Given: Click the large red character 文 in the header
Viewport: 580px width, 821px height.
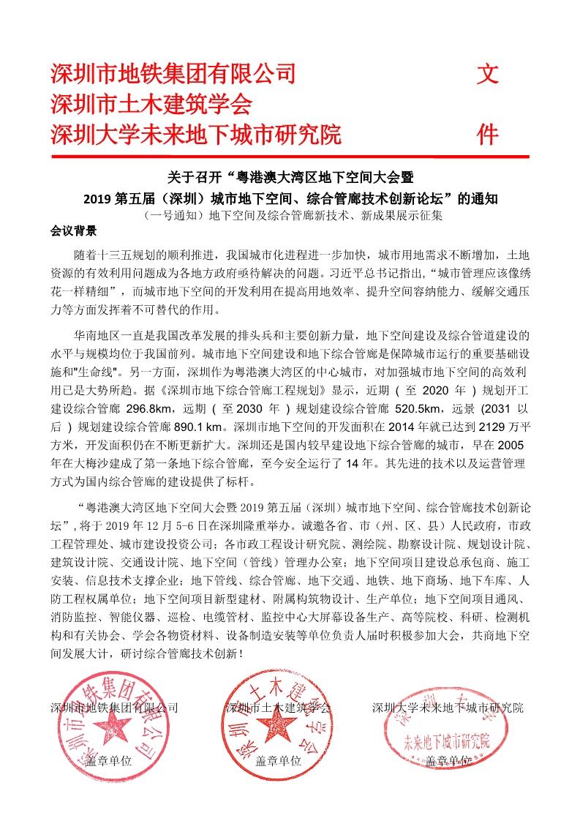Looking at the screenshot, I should [488, 73].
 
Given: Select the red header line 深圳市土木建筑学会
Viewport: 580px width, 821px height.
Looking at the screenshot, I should [151, 105].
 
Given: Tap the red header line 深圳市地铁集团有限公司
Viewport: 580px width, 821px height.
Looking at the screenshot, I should [173, 73].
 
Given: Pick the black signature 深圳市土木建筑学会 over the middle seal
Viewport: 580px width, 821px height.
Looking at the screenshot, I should [278, 708].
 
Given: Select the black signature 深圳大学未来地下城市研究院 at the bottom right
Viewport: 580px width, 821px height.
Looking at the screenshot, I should [448, 708].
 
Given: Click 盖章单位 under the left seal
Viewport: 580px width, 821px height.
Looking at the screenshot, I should [109, 760].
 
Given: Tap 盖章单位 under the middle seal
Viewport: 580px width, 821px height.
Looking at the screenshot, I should [279, 760].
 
